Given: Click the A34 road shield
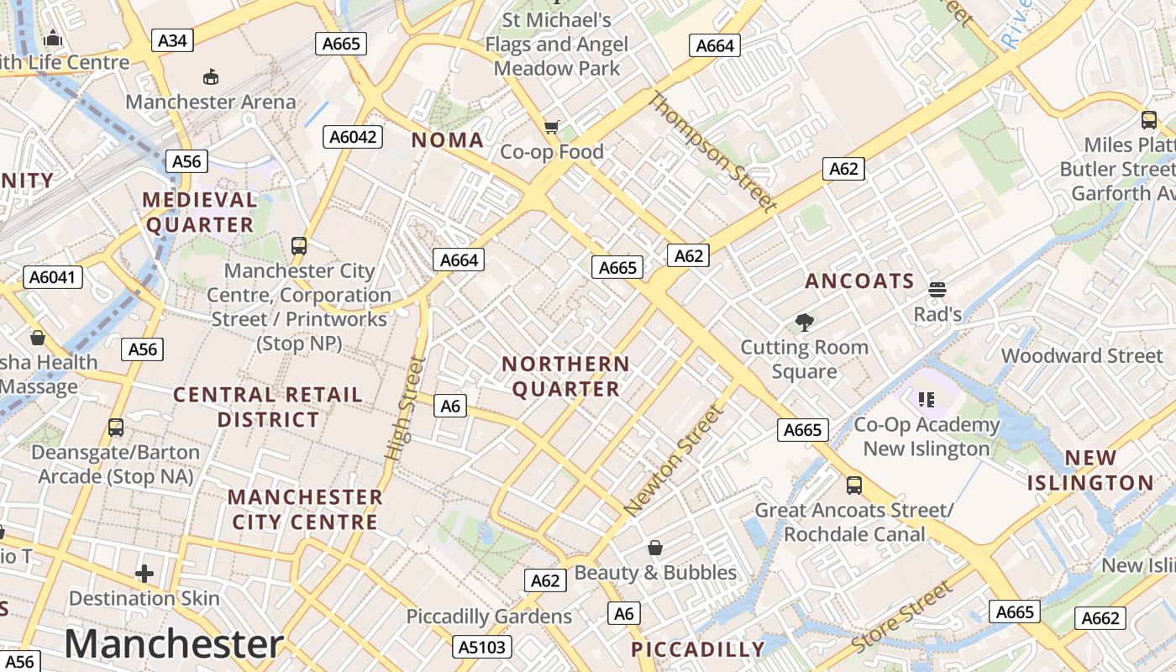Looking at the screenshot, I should [172, 40].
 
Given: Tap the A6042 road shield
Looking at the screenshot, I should [354, 137].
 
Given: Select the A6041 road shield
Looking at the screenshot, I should [55, 276].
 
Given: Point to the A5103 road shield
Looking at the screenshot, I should [482, 647].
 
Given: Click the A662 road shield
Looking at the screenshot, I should [1100, 618].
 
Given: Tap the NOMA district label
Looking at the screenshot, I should [447, 140].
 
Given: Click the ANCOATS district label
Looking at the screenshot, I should [859, 281].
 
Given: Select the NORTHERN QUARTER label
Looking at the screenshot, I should [565, 376].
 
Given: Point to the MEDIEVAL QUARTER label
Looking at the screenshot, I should [200, 212].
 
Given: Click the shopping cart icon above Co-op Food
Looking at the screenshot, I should [551, 128].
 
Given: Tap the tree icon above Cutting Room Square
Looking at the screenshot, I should [804, 322].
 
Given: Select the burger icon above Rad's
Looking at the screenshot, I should [937, 290].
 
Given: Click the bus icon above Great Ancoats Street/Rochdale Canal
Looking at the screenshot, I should [853, 485].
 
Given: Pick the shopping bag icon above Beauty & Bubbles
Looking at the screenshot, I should [655, 548].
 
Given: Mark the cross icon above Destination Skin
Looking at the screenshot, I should [144, 574].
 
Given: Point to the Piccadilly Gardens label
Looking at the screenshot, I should [489, 617].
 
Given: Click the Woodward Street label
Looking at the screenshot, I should [1082, 355].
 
